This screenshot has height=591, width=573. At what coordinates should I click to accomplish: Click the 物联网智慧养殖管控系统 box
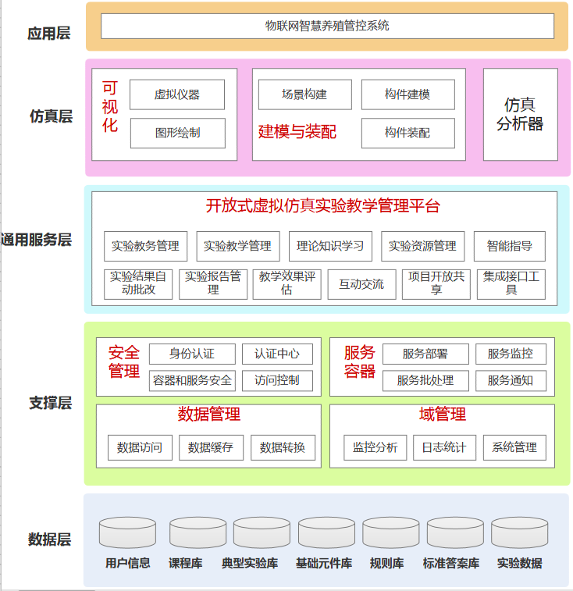[327, 26]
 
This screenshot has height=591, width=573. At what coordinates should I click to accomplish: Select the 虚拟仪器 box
[177, 94]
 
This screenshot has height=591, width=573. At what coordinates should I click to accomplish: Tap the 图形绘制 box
[177, 133]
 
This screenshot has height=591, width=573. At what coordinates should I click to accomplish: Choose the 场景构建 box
[304, 94]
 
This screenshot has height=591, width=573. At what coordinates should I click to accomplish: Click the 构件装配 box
[408, 133]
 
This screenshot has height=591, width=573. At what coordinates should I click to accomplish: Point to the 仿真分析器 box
[520, 114]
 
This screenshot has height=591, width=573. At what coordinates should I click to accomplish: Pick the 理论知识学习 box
[330, 246]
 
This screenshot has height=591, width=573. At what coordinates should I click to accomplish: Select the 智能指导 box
[510, 246]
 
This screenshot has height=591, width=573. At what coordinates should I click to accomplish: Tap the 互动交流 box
[361, 284]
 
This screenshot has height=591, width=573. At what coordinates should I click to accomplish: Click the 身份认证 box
[192, 354]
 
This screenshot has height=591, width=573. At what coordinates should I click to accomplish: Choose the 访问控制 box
[277, 380]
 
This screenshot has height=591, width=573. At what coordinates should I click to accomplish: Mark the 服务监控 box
[511, 354]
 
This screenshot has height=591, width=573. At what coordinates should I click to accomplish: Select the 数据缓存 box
[211, 447]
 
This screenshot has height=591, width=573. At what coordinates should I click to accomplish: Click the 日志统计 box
[444, 447]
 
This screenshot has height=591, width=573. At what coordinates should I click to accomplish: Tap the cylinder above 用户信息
[127, 532]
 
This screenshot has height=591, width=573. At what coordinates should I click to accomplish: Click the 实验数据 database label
[520, 563]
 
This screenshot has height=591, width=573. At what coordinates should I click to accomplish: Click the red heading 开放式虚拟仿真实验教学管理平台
[323, 206]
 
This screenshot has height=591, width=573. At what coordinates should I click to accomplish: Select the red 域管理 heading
[442, 414]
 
